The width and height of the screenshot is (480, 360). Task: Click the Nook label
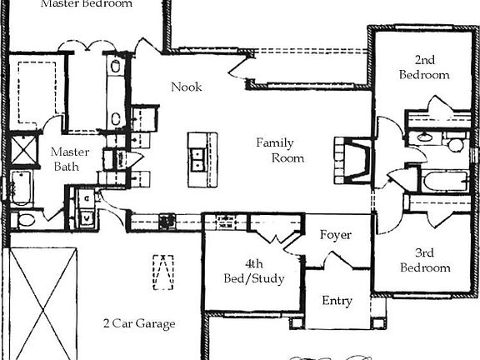pos(187,87)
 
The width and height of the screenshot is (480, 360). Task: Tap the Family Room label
pos(280,150)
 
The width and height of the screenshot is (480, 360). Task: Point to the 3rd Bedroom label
pos(425,259)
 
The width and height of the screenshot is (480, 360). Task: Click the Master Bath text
pos(64,159)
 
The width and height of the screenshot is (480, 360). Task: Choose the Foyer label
pos(336,236)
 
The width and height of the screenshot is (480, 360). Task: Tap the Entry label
pos(337,301)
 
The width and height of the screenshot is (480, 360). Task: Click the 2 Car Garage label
pos(138,323)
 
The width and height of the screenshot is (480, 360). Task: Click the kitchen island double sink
pos(197,158)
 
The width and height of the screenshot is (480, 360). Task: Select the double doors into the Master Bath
pos(87,45)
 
